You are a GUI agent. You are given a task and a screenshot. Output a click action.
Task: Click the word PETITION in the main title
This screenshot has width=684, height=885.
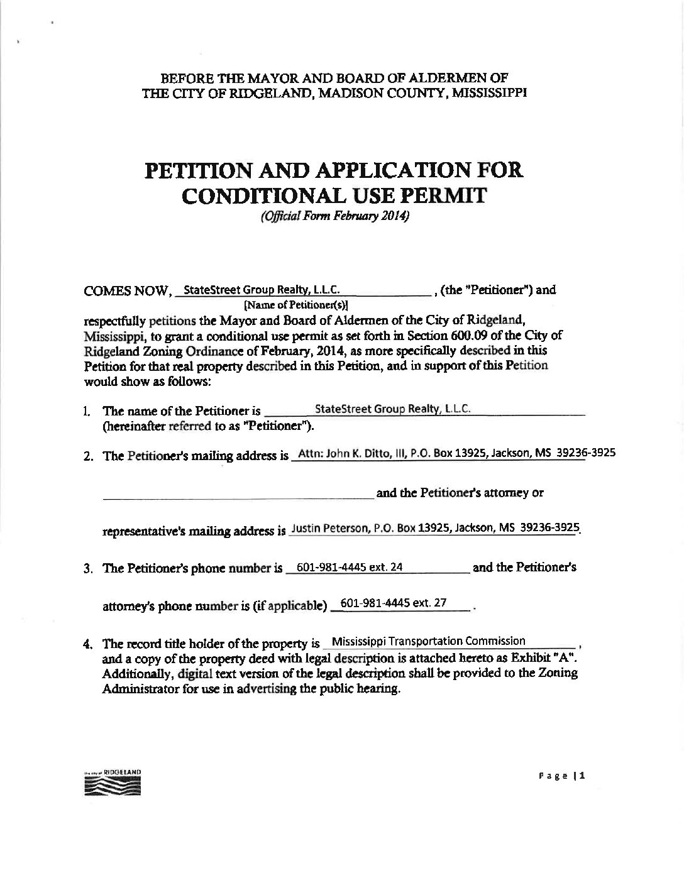pos(201,170)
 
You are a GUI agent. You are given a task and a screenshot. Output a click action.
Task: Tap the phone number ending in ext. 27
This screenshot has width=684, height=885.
pos(393,603)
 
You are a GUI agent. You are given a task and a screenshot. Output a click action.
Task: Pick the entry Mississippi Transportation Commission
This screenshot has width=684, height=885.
pos(428,641)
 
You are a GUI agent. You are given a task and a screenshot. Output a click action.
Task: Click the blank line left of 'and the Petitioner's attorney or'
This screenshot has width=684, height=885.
pos(238,498)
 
